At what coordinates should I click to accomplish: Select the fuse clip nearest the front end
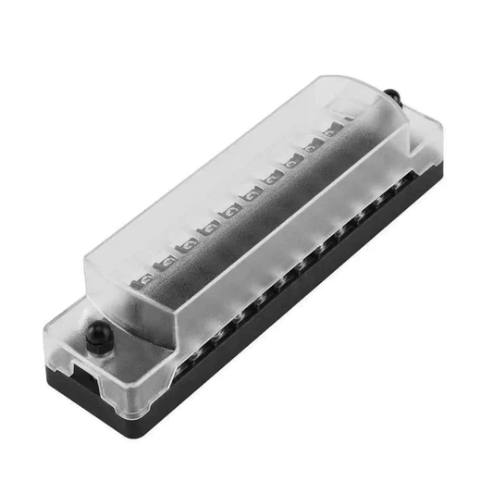[x=144, y=276]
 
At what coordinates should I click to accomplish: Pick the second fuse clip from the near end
[x=166, y=263]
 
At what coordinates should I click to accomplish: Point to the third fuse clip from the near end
[x=190, y=245]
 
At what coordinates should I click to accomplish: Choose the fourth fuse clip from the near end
[x=216, y=227]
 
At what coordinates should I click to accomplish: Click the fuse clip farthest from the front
[x=349, y=120]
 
